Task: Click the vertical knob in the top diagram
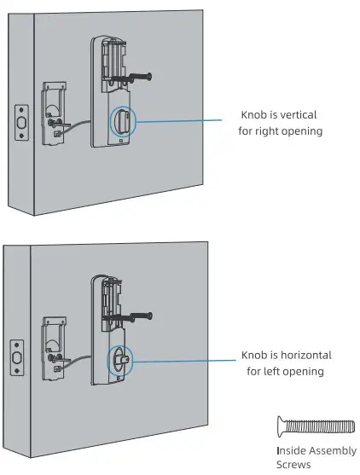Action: click(120, 121)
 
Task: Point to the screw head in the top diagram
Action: click(149, 77)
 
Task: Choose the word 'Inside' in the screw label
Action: click(292, 449)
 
